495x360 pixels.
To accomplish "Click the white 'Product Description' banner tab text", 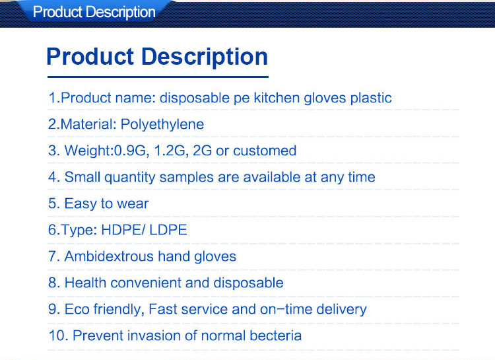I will point(94,13).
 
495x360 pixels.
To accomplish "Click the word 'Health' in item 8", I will point(85,283).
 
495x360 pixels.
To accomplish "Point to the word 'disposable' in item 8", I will point(251,283).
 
